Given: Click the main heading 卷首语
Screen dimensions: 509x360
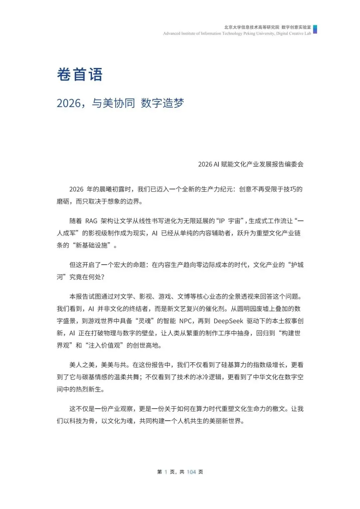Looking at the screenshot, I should (x=79, y=75).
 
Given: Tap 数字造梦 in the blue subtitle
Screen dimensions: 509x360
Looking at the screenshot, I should (x=162, y=103).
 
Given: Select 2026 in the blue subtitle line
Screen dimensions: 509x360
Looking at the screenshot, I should (x=69, y=103).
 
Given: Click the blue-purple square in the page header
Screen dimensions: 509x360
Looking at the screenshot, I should (x=315, y=29).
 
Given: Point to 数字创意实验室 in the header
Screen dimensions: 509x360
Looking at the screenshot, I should (x=296, y=27).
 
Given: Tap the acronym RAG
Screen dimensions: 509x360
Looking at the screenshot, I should (x=91, y=221).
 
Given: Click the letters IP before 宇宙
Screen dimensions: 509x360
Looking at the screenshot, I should (x=222, y=221).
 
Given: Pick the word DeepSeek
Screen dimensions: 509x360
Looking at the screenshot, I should (x=228, y=321).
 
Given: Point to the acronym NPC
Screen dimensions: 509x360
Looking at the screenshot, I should (x=186, y=321).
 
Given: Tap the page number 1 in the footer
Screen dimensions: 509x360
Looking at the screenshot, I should (x=166, y=472).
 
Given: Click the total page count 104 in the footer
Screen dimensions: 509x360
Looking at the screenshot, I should (x=191, y=472).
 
